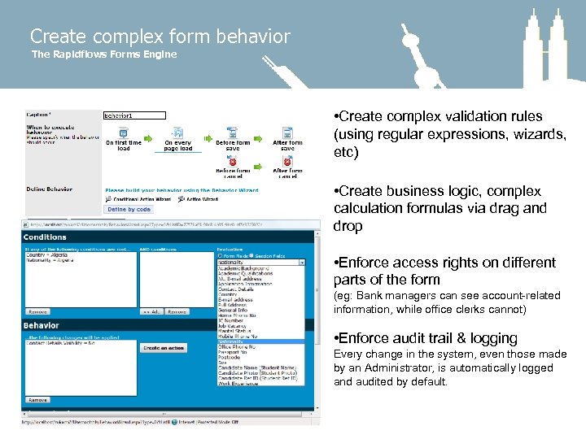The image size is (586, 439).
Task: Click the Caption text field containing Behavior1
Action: tap(134, 115)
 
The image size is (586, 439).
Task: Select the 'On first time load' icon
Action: tap(123, 133)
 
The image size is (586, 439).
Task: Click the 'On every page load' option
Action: tap(177, 133)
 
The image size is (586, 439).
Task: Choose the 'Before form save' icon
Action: tap(233, 133)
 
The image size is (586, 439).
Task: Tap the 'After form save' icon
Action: tap(287, 133)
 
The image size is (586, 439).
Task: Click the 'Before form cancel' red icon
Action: tap(233, 162)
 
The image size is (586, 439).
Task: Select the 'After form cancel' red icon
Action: tap(287, 162)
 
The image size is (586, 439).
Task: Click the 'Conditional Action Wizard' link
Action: tap(140, 199)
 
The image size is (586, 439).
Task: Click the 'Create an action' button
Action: tap(164, 348)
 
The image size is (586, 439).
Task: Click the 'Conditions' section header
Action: tap(46, 237)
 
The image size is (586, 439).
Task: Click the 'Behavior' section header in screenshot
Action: tap(42, 326)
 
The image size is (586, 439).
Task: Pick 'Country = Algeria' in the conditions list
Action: tap(48, 254)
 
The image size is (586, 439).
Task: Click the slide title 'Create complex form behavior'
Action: tap(160, 37)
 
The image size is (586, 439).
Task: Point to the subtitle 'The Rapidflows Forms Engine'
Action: tap(103, 54)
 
